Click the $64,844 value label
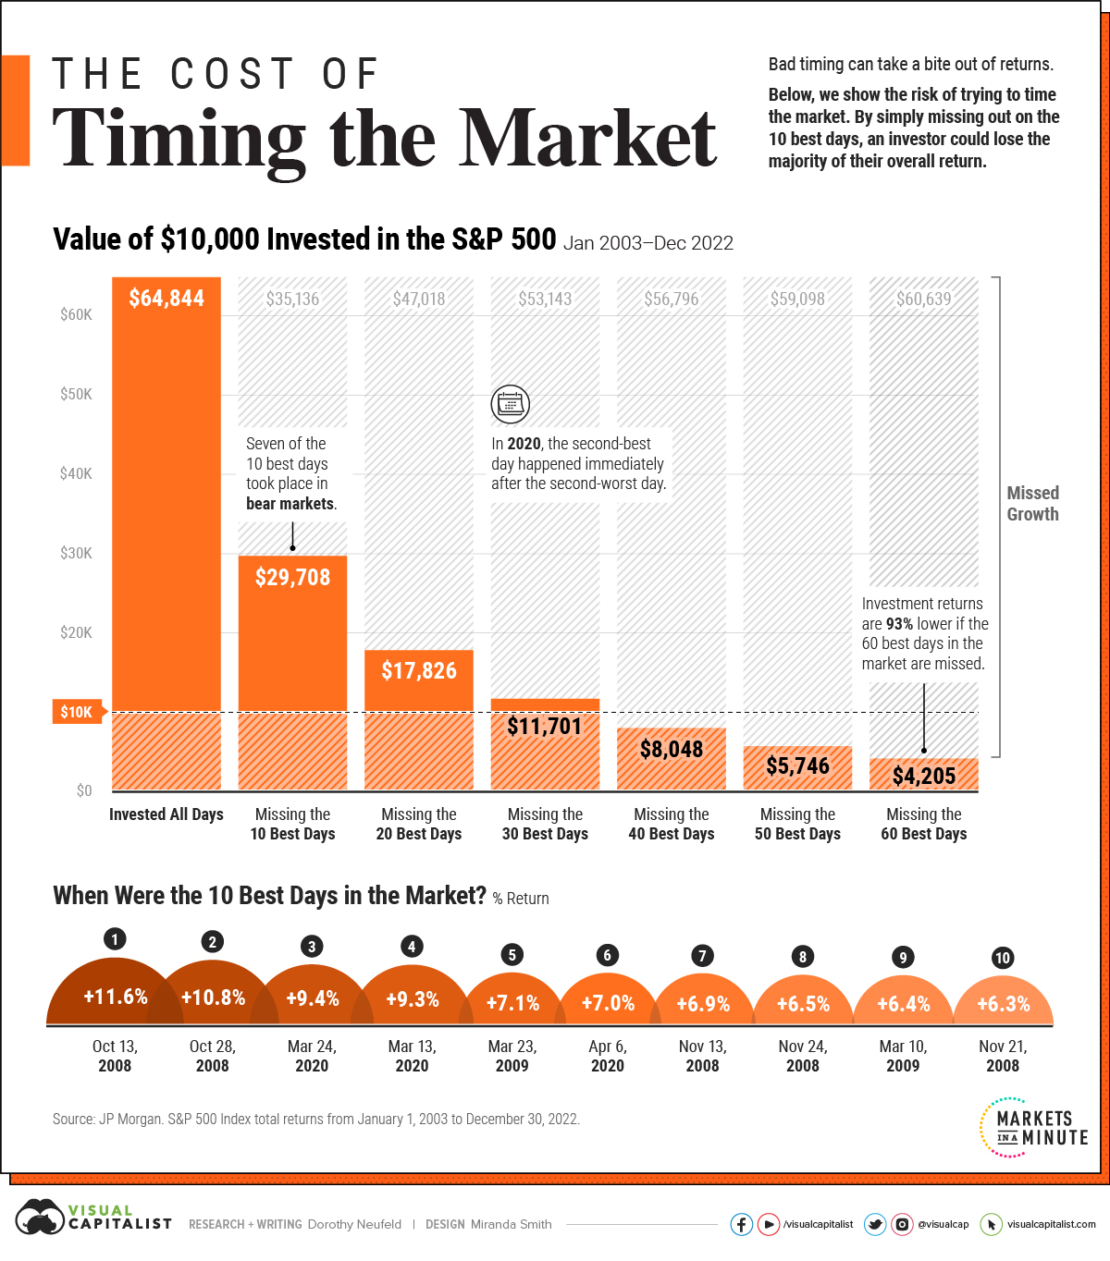(x=166, y=299)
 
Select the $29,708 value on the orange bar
(x=292, y=578)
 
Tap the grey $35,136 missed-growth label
(x=292, y=299)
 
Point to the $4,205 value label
(x=923, y=776)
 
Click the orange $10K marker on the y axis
(x=77, y=712)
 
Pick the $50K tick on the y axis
(x=76, y=394)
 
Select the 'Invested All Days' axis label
(x=166, y=814)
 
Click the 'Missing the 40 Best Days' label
(x=672, y=824)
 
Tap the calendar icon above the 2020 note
(x=510, y=404)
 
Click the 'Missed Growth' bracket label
(x=1032, y=504)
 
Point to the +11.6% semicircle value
(x=116, y=997)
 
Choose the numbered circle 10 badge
(x=1003, y=958)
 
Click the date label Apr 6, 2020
(x=608, y=1056)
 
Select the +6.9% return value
(x=703, y=1004)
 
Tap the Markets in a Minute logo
(x=1033, y=1128)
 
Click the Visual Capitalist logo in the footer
(x=93, y=1218)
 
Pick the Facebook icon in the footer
(x=741, y=1224)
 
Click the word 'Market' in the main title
(x=588, y=139)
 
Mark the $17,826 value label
(x=419, y=670)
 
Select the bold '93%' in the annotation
(x=899, y=624)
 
